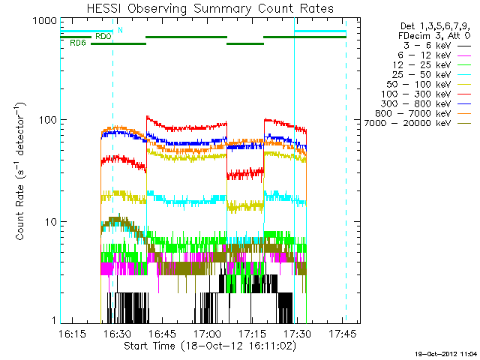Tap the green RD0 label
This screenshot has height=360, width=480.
click(103, 35)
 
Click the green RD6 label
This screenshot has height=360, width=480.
click(77, 43)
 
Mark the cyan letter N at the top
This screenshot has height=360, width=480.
click(120, 29)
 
